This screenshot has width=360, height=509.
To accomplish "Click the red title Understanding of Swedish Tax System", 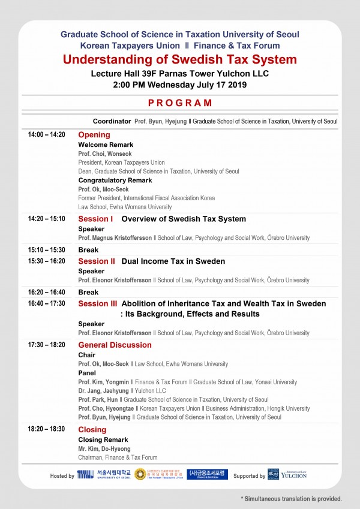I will coord(180,59).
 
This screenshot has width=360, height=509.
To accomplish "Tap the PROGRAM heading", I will coord(180,103).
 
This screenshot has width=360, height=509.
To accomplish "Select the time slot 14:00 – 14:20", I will coord(46,134).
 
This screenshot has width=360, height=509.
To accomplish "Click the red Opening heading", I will coord(94,135).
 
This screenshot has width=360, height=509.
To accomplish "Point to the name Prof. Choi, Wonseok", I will coord(105,153).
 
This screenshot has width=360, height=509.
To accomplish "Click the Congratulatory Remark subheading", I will coord(115,180).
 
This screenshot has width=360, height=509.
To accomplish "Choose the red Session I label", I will coord(95,219).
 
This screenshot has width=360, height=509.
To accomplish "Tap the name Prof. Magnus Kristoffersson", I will coord(124,238).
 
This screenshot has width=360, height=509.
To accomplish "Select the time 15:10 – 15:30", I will coord(46,249).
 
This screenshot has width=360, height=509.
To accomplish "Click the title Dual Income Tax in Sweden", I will coord(173,261).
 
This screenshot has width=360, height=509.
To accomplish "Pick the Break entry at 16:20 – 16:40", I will coord(88,292).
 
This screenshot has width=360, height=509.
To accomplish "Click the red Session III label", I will coord(98,304).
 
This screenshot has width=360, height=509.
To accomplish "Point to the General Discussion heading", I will coord(115,345).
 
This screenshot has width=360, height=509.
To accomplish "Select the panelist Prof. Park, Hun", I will coord(98,399).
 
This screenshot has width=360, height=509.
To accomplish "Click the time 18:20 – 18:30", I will coord(46,429).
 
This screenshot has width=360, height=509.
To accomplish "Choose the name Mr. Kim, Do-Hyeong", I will coord(104,448).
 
